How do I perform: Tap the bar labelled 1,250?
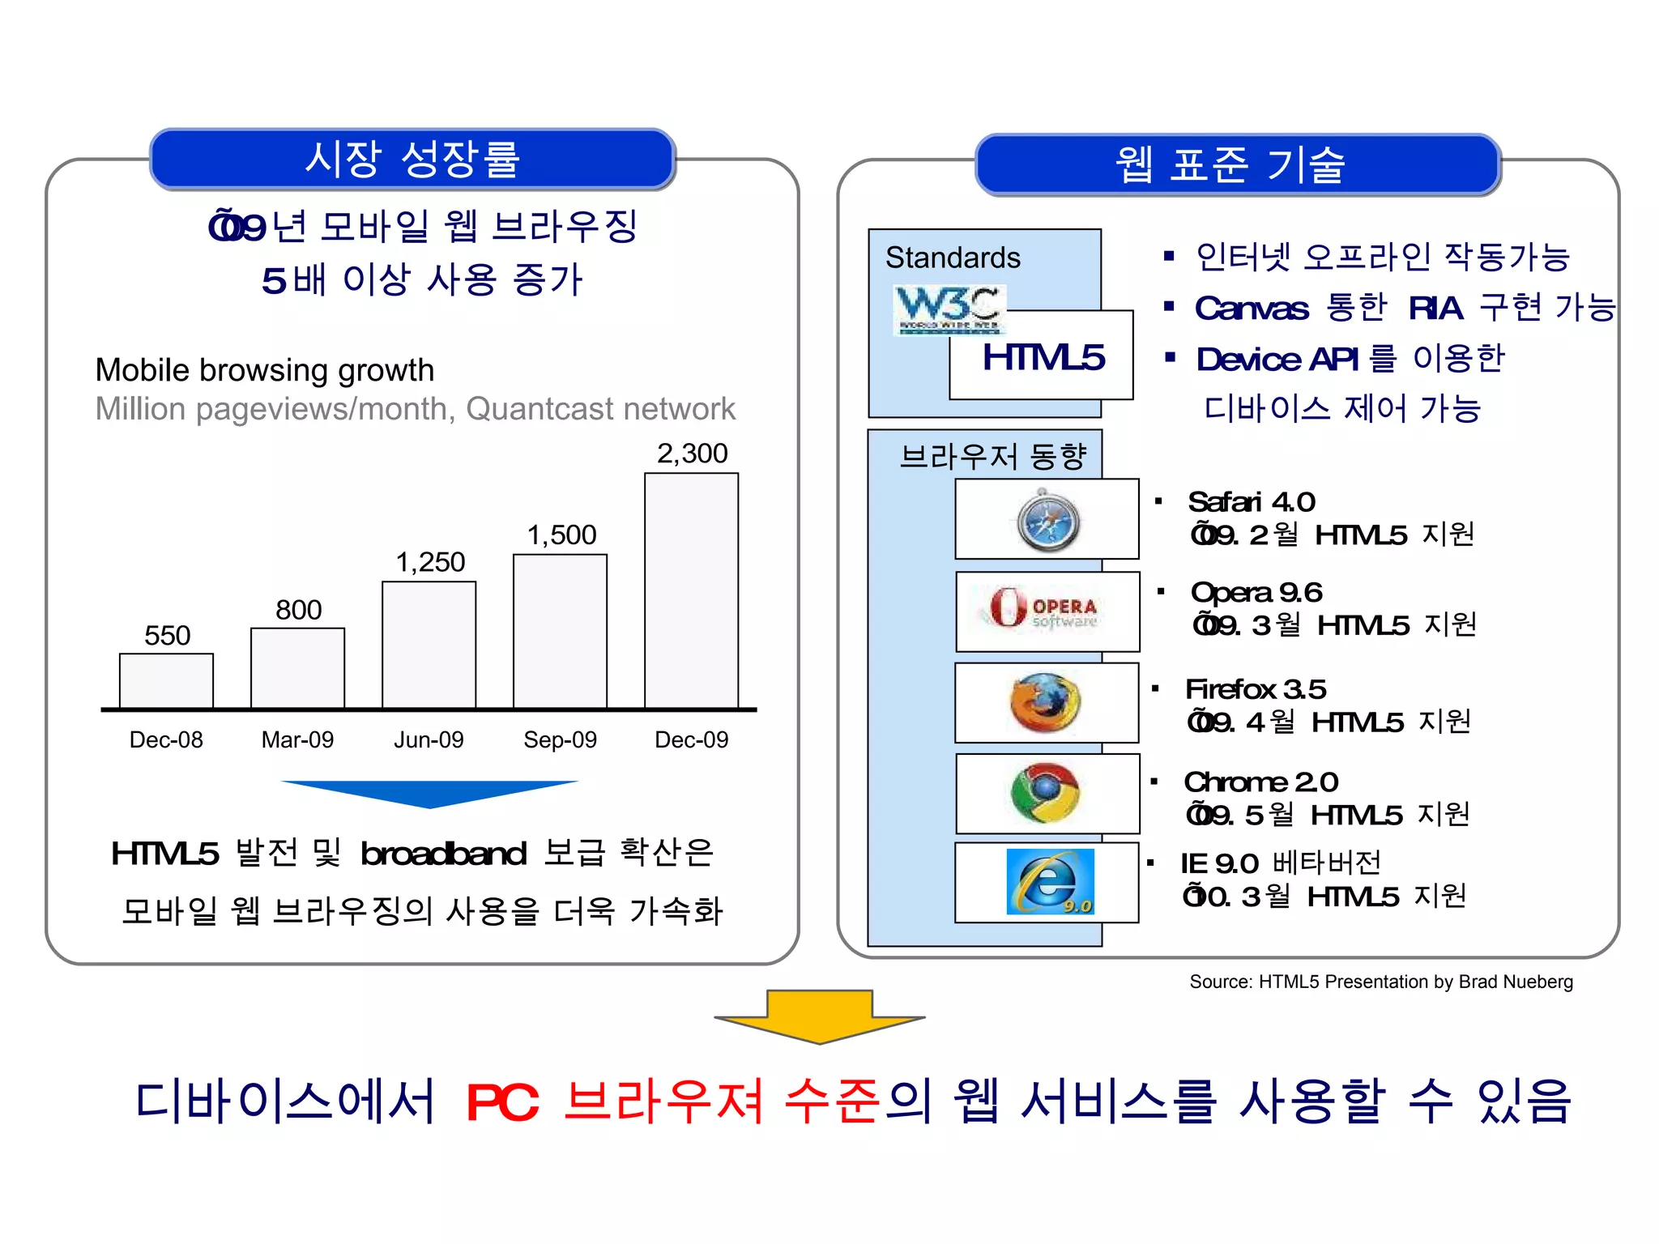point(429,645)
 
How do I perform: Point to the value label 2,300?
point(692,454)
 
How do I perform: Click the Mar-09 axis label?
point(297,739)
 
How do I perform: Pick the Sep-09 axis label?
point(560,739)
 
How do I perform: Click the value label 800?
point(298,610)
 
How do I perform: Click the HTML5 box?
point(1042,356)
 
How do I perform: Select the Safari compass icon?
point(1047,521)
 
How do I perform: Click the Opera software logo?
point(1043,610)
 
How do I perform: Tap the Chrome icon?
point(1045,793)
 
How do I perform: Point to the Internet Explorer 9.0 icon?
point(1049,882)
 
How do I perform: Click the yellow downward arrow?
point(819,1017)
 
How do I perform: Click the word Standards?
point(953,258)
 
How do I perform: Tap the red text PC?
point(502,1102)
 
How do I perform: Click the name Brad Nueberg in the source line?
point(1515,982)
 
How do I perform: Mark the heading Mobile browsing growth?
point(265,370)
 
